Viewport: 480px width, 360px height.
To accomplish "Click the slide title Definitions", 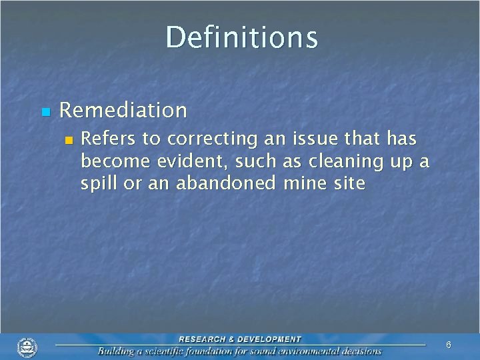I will coord(241,37).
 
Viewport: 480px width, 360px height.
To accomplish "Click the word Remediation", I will coord(123,110).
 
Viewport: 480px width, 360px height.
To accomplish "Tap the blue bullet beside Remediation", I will coord(45,111).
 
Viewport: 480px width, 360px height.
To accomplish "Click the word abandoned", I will coord(225,183).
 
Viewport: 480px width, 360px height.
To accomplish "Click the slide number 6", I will coord(448,345).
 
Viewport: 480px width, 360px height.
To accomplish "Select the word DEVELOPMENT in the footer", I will coord(272,339).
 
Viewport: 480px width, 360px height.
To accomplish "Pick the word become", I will coord(111,161).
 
